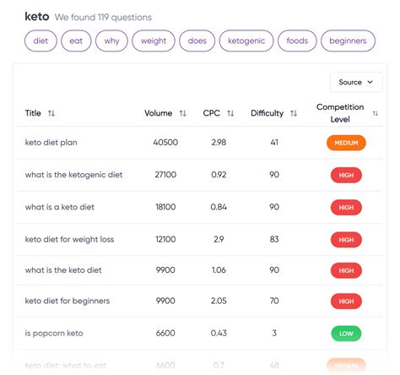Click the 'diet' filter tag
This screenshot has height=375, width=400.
coord(41,41)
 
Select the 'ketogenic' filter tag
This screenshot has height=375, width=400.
coord(246,41)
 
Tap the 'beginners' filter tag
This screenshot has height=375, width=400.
coord(348,41)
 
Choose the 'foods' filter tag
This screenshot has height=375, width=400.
coord(297,41)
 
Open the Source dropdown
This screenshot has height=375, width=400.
coord(355,82)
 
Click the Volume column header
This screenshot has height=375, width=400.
coord(158,113)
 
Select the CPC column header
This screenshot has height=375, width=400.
coord(211,113)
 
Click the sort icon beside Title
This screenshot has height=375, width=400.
coord(51,113)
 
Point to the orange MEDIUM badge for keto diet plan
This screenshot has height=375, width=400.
coord(346,143)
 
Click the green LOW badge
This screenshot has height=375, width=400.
coord(346,333)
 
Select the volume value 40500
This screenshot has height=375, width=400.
coord(165,143)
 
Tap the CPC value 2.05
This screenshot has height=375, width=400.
coord(218,301)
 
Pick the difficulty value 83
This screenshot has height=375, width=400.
coord(274,239)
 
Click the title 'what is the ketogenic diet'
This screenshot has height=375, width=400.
coord(73,175)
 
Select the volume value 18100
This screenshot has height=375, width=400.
coord(165,207)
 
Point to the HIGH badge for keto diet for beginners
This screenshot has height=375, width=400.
coord(346,301)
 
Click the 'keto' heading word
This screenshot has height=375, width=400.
coord(37,16)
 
